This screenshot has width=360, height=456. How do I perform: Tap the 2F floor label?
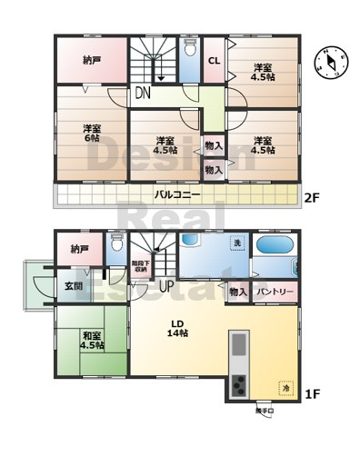click(312, 195)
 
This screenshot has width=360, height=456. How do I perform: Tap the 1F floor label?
click(312, 393)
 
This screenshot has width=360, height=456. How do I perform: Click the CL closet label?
click(214, 61)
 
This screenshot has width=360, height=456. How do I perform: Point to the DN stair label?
click(144, 93)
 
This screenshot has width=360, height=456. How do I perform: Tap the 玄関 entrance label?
click(74, 287)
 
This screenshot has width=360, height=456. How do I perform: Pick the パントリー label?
click(274, 292)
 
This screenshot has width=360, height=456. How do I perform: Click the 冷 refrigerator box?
click(285, 385)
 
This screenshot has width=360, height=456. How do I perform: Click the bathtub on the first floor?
click(275, 246)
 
